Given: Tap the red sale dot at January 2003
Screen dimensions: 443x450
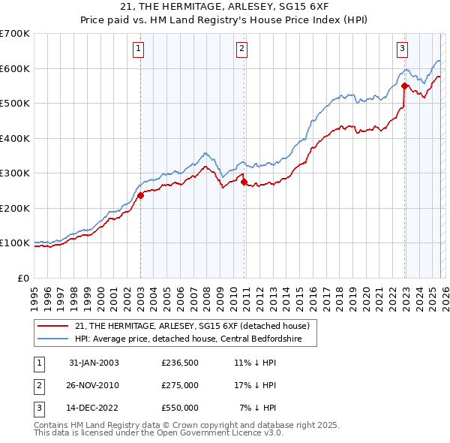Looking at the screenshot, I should pyautogui.click(x=140, y=195).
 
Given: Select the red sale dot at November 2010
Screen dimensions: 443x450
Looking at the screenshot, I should pyautogui.click(x=244, y=182).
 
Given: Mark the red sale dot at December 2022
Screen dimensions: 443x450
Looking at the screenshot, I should pyautogui.click(x=404, y=86).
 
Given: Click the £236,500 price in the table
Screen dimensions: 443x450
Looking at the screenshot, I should pyautogui.click(x=180, y=363).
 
